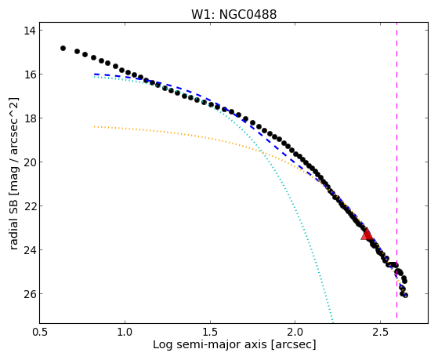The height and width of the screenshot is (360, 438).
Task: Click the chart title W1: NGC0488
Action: click(x=233, y=14)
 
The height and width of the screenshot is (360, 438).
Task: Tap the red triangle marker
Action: click(x=367, y=235)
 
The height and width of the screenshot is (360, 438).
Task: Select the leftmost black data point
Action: click(x=63, y=49)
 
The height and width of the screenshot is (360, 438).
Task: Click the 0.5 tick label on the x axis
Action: click(x=40, y=332)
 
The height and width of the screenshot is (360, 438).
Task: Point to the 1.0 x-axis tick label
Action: click(x=125, y=332)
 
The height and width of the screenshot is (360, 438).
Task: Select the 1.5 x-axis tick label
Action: click(x=210, y=332)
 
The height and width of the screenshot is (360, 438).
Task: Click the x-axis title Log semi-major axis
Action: click(x=209, y=344)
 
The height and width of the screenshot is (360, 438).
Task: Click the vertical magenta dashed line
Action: click(x=396, y=173)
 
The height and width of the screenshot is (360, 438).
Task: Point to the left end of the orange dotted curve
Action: click(x=95, y=127)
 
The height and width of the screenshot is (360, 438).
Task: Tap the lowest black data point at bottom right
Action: click(x=405, y=296)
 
